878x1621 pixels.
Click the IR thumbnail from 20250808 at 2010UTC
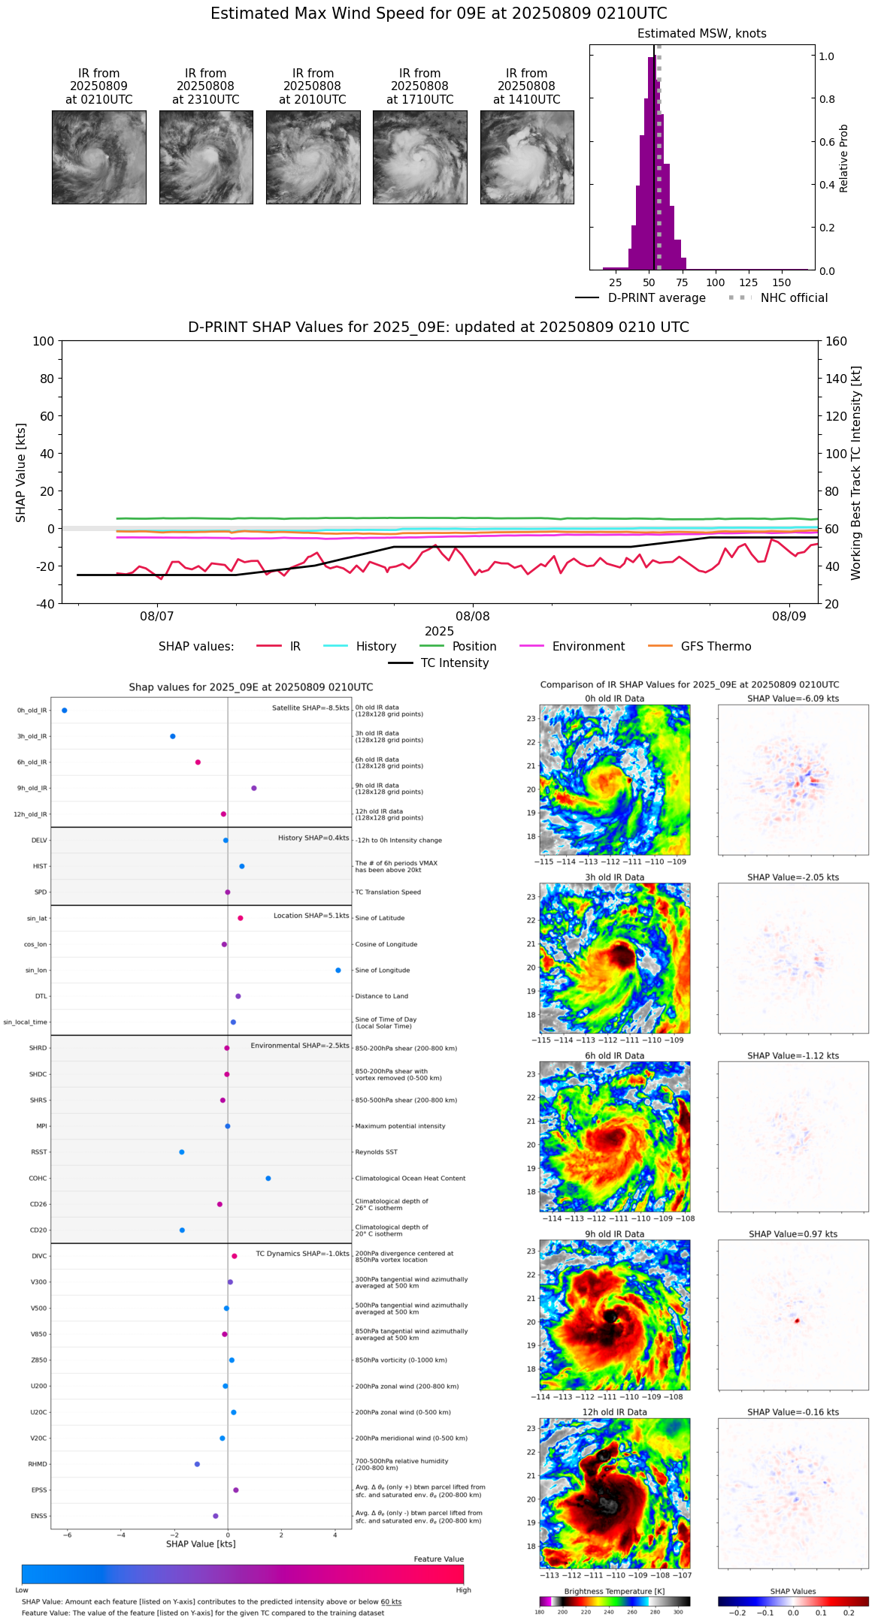313,157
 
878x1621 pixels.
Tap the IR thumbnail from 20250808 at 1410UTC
527,157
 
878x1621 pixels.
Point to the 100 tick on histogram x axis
716,282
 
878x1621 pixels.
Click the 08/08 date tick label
472,617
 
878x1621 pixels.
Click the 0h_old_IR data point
65,710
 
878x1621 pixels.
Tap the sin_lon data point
338,970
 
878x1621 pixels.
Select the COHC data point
268,1178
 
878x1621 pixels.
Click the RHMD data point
197,1464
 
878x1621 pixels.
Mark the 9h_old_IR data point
254,788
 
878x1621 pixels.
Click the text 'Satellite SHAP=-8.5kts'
310,708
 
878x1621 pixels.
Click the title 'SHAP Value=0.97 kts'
792,1234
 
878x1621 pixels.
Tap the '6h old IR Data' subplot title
614,1055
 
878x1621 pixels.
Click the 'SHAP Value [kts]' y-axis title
21,472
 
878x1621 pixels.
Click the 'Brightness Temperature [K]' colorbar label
614,1591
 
